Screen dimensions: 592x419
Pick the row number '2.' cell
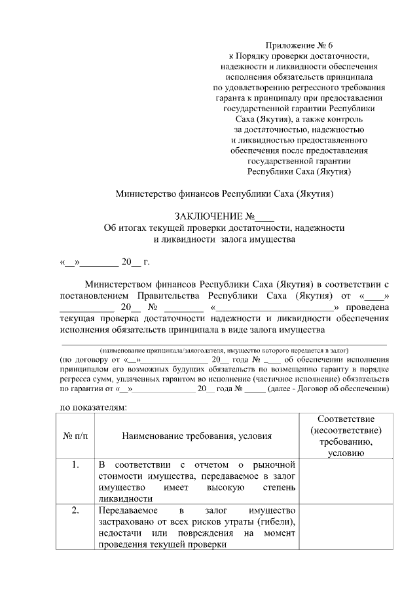tap(76, 511)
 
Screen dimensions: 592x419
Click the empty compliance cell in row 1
tap(346, 481)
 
